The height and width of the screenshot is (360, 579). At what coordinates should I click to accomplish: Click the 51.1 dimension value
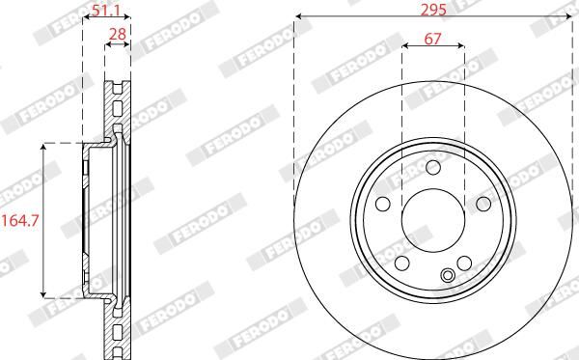(105, 11)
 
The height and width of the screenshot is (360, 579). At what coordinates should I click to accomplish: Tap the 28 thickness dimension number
(118, 35)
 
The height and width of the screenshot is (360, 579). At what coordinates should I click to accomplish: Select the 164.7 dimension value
(20, 221)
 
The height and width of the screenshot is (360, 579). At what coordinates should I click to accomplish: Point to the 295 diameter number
(433, 10)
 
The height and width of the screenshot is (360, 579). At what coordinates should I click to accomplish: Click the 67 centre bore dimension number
(432, 39)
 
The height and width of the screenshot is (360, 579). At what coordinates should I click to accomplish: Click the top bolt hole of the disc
(432, 167)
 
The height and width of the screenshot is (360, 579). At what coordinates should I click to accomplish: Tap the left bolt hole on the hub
(382, 204)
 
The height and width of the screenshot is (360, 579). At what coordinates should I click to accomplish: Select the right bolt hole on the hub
(483, 204)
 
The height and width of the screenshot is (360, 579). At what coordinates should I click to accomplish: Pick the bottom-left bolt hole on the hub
(401, 263)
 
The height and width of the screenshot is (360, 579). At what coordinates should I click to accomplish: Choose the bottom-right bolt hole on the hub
(464, 263)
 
